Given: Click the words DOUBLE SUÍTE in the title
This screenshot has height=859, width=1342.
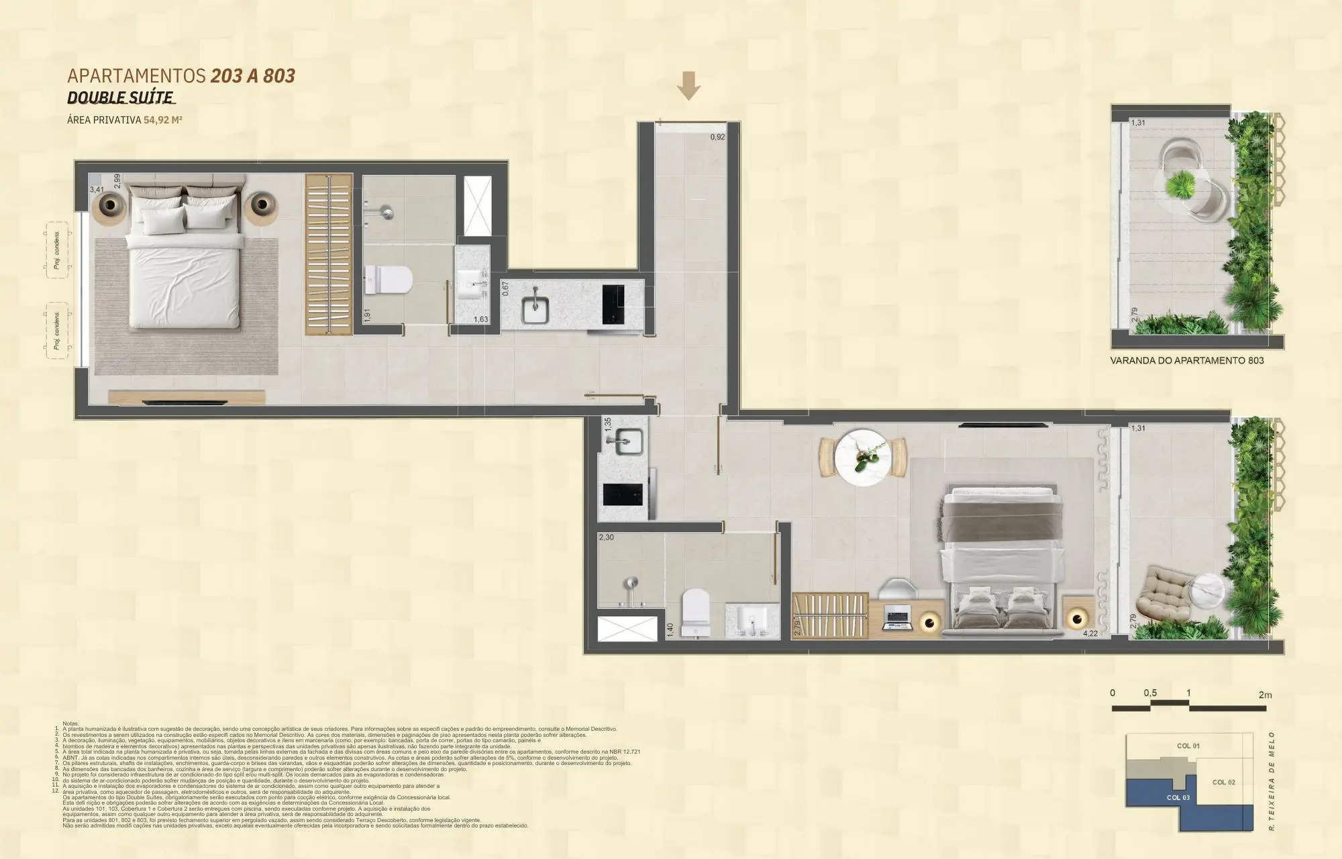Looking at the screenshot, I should tap(121, 98).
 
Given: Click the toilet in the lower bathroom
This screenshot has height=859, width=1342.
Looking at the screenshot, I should tap(694, 611).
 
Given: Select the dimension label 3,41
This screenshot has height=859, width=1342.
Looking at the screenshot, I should tap(97, 191).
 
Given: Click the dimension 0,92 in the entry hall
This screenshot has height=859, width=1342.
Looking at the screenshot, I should tap(717, 137).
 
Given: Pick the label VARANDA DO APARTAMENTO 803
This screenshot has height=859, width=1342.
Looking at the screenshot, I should tap(1186, 360).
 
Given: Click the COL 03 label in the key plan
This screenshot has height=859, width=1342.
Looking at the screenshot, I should tap(1178, 797).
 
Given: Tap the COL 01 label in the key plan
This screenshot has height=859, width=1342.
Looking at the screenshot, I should tap(1188, 746).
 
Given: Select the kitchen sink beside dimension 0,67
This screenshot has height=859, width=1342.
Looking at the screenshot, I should tap(536, 306).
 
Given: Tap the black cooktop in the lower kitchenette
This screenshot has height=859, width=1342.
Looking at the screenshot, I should tap(624, 495).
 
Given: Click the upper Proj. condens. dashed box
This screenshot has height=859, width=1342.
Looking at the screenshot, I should tap(56, 250).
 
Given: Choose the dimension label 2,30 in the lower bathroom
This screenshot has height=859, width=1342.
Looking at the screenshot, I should tap(606, 538).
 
